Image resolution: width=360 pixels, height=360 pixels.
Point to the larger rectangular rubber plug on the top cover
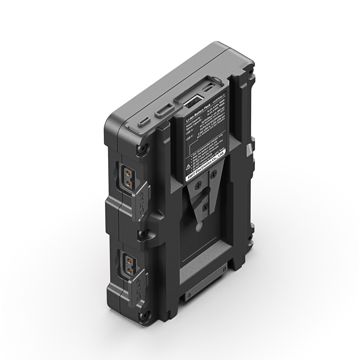164,110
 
